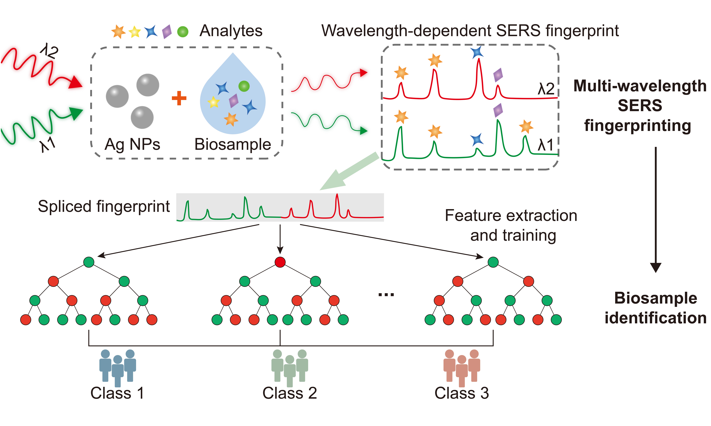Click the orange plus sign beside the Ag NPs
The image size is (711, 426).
(179, 98)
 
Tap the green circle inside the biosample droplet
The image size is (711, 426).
(244, 86)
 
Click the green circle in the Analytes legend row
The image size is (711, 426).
(183, 32)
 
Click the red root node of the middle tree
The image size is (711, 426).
(280, 262)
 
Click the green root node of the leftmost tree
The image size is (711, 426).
(89, 262)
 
